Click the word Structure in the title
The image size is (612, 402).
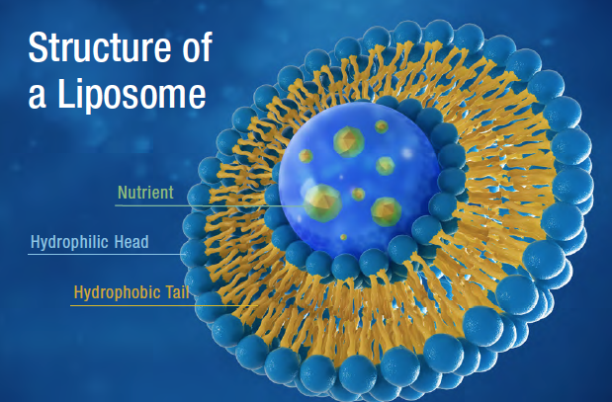pyautogui.click(x=100, y=46)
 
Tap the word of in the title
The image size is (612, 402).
pyautogui.click(x=197, y=46)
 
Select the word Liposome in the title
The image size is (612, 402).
pyautogui.click(x=131, y=94)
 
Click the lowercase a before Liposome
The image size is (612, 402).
pyautogui.click(x=38, y=97)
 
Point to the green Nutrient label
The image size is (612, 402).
pyautogui.click(x=145, y=193)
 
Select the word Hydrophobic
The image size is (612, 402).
pyautogui.click(x=117, y=292)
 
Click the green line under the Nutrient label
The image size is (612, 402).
pyautogui.click(x=211, y=205)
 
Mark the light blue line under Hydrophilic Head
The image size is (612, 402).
pyautogui.click(x=106, y=254)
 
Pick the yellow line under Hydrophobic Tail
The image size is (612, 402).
pyautogui.click(x=164, y=305)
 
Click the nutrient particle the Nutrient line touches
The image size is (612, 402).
pyautogui.click(x=322, y=202)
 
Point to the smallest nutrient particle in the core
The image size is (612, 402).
pyautogui.click(x=343, y=237)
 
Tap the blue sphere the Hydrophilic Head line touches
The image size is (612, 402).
pyautogui.click(x=194, y=254)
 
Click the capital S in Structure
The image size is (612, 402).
pyautogui.click(x=38, y=47)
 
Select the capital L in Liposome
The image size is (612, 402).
pyautogui.click(x=65, y=93)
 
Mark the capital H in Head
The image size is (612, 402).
pyautogui.click(x=119, y=242)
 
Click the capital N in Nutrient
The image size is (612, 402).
pyautogui.click(x=123, y=193)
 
